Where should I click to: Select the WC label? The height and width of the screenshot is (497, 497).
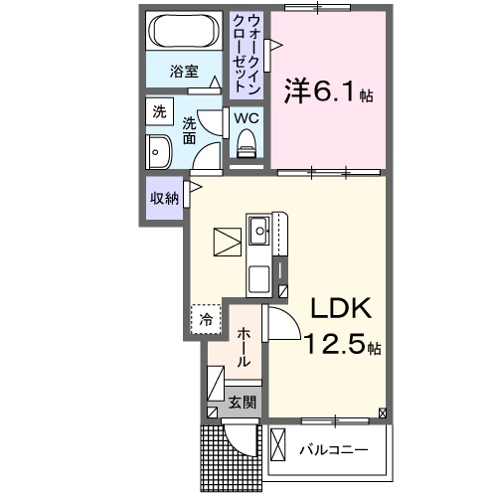[x=247, y=119]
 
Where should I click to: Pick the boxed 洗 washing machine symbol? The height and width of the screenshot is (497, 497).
[x=159, y=113]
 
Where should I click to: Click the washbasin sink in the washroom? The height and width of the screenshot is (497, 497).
[x=158, y=154]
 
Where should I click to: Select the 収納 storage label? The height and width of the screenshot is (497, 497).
[x=164, y=198]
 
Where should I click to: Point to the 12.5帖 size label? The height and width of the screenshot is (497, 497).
[x=341, y=347]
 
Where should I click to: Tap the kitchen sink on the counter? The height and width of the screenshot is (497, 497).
[x=259, y=234]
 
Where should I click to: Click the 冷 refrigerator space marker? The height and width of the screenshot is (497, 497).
[x=205, y=319]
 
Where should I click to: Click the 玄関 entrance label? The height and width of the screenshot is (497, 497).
[x=243, y=403]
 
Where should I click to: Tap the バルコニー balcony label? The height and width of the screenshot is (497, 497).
[x=334, y=449]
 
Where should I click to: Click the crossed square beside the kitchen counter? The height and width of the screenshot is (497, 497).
[x=227, y=243]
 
